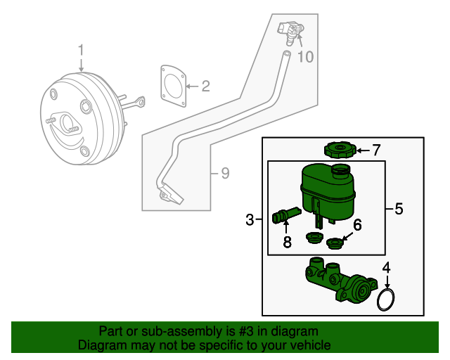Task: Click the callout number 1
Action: coord(81,51)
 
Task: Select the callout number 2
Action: coord(205,87)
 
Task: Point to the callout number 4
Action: coord(385,268)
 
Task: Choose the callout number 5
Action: coord(399,209)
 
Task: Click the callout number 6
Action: coord(357,225)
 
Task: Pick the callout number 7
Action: coord(375,150)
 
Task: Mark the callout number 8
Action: coord(287,243)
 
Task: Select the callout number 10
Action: coord(304,57)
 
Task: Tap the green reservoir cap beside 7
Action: coord(339,150)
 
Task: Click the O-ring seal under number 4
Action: coord(385,300)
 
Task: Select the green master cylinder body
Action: coord(339,283)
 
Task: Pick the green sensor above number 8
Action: coord(284,214)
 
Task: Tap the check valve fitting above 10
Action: coord(292,31)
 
